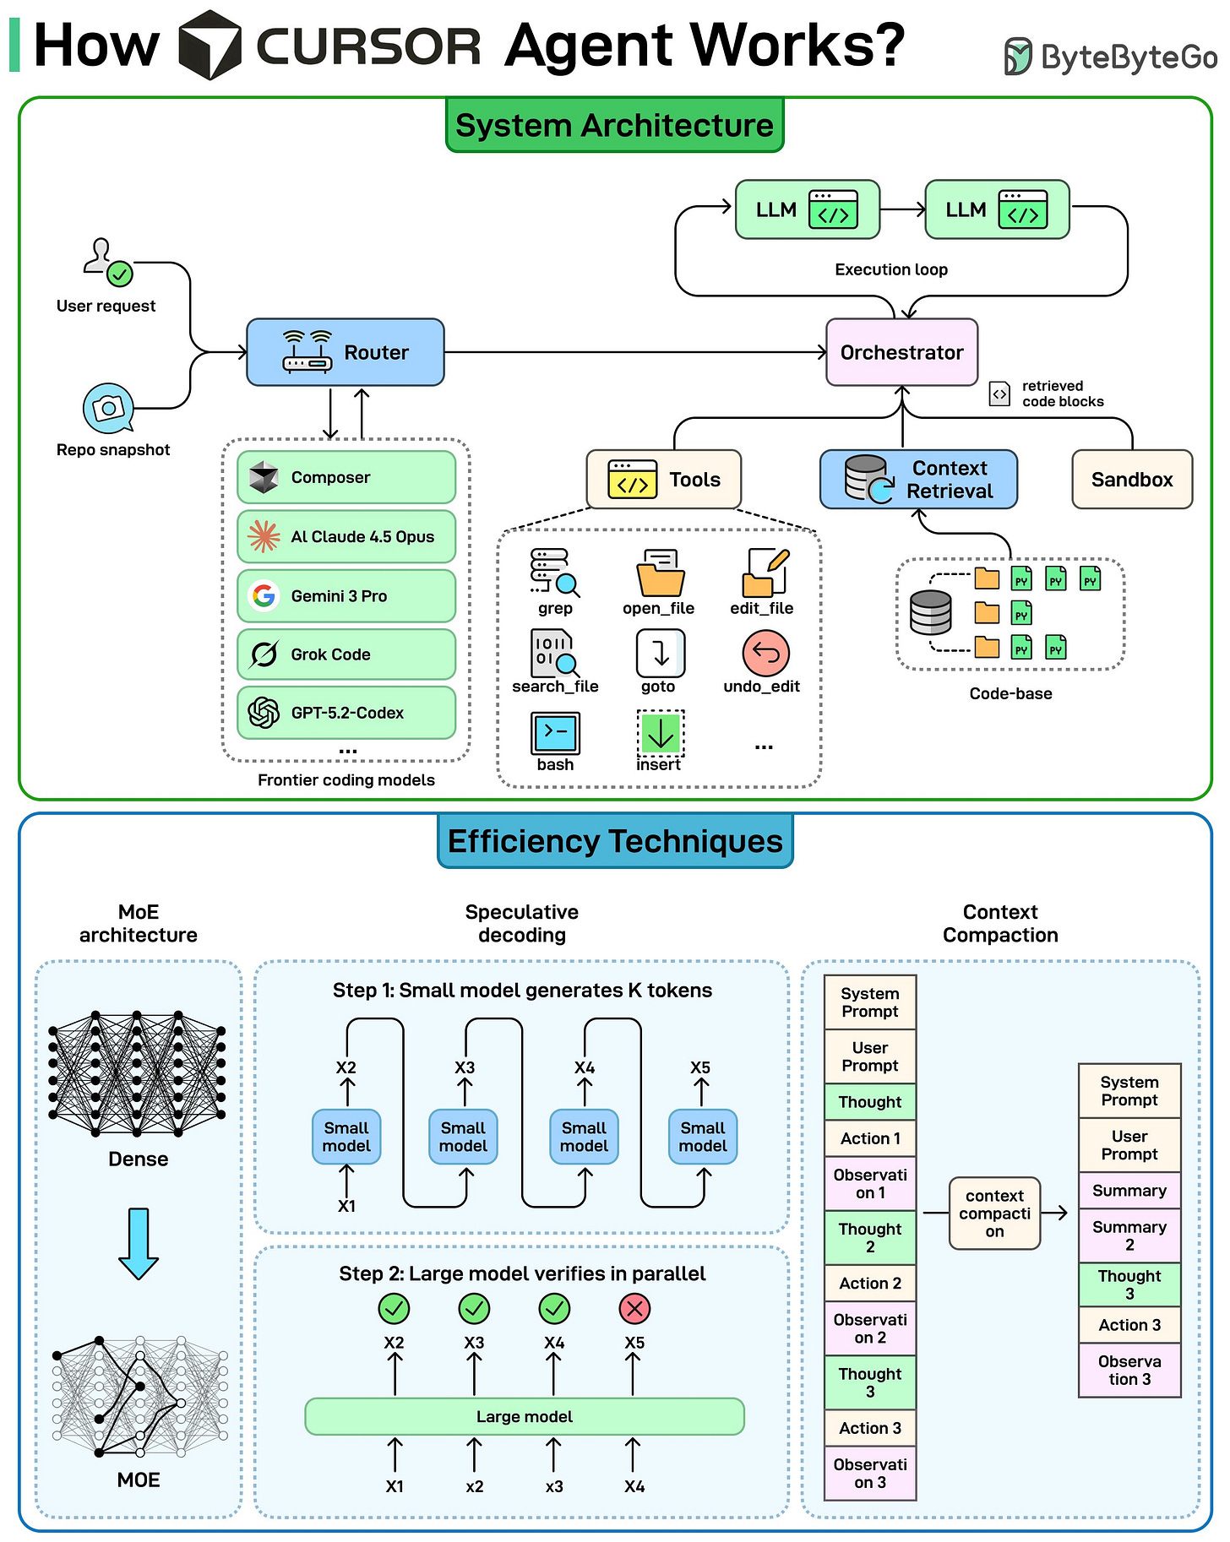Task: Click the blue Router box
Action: point(345,352)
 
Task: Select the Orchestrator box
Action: point(901,352)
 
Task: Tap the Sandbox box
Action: point(1131,480)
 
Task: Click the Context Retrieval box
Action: point(918,480)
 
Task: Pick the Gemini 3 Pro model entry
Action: point(346,596)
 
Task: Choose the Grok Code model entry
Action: point(346,654)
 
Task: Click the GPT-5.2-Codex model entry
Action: point(346,713)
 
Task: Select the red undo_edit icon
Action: point(765,653)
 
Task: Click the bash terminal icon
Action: point(555,733)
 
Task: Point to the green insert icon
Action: point(660,733)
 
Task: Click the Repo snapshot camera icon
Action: point(108,409)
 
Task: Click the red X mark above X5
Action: point(634,1309)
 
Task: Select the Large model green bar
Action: point(524,1416)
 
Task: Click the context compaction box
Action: point(994,1214)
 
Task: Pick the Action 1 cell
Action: point(870,1138)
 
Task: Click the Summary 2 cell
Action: point(1129,1235)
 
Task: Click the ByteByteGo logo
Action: point(1110,57)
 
